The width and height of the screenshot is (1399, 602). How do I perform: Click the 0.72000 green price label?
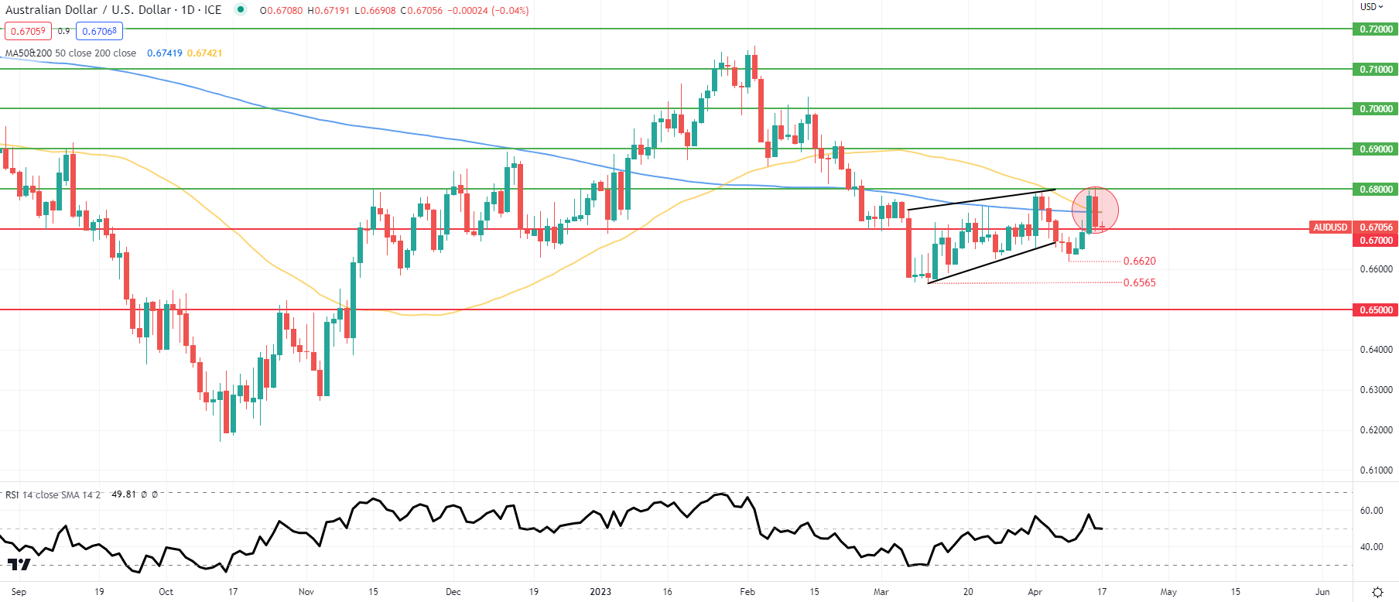click(x=1377, y=29)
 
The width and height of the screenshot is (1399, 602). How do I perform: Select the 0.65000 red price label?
click(x=1377, y=310)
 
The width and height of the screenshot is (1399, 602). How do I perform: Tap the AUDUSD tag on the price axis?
click(x=1330, y=227)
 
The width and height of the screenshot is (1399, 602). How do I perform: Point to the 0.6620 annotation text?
click(x=1139, y=262)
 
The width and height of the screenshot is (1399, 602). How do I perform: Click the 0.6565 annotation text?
click(x=1139, y=283)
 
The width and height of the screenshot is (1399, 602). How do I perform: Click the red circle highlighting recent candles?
click(x=1095, y=210)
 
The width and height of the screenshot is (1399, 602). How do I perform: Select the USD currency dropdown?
click(x=1371, y=7)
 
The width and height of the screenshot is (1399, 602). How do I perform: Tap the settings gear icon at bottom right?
click(x=1377, y=592)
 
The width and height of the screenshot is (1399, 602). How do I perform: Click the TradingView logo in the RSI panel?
click(x=19, y=564)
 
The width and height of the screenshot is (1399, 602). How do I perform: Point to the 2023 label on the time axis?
click(x=600, y=592)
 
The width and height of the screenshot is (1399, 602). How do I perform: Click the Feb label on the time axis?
click(x=747, y=592)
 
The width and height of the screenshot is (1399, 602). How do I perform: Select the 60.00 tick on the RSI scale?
click(x=1371, y=511)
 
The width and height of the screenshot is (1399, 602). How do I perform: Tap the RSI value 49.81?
click(x=124, y=494)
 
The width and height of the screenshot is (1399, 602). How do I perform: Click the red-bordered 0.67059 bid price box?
click(x=28, y=32)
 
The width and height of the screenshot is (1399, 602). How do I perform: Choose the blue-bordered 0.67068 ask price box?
click(x=100, y=32)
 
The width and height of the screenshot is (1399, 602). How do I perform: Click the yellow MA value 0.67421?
click(x=204, y=53)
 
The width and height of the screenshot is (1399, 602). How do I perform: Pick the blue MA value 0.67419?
click(x=165, y=53)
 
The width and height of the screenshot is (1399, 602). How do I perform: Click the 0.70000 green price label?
click(x=1377, y=109)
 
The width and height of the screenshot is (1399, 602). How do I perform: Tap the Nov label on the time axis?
click(x=306, y=592)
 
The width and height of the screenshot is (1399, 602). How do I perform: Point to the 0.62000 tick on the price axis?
click(x=1376, y=430)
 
